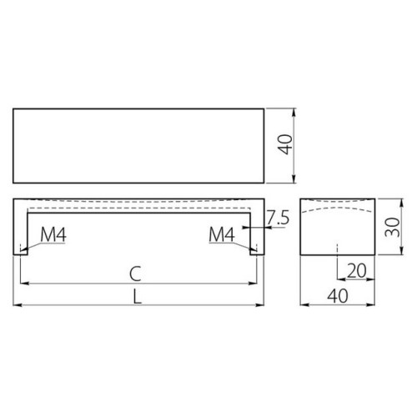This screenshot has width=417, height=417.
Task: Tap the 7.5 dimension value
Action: (279, 219)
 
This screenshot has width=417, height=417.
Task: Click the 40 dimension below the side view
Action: (336, 296)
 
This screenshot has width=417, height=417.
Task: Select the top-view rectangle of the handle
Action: (138, 146)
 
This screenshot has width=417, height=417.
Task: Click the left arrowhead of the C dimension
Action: (23, 284)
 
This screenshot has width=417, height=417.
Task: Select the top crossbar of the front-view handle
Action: (138, 204)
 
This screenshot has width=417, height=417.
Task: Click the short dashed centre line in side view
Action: (337, 250)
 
